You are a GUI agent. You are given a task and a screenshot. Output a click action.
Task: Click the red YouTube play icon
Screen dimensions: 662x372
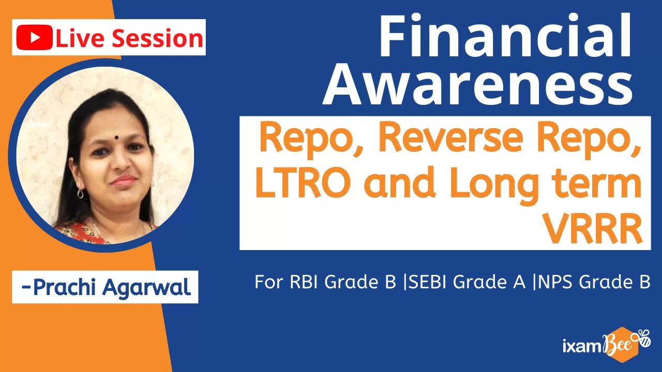pos(34,38)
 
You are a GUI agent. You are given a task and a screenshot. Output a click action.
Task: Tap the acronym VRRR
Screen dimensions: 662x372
pos(593,228)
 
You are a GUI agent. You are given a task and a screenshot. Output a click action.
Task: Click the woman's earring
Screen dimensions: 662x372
pos(80,193)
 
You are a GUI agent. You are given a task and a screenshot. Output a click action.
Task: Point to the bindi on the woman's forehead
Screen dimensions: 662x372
pos(116,137)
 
